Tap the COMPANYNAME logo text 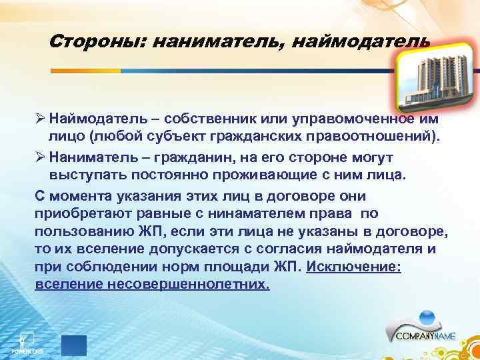coord(425,337)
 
